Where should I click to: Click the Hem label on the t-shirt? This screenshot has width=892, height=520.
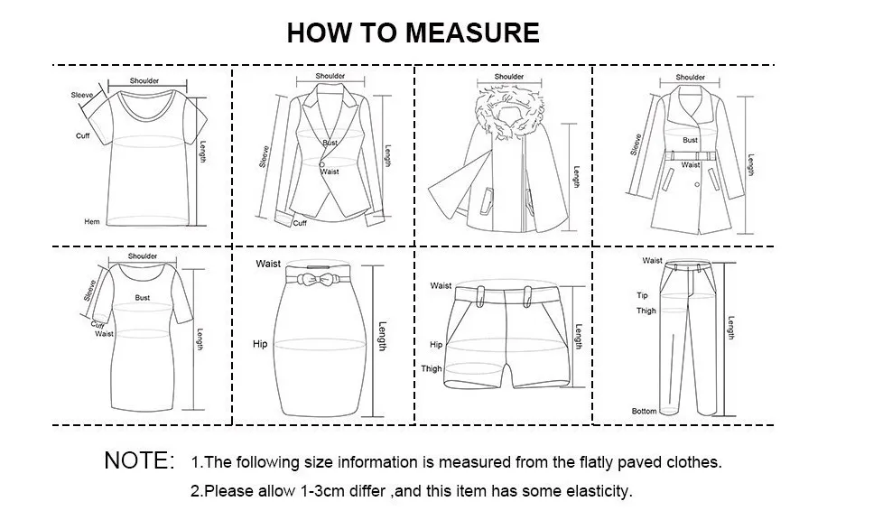point(92,222)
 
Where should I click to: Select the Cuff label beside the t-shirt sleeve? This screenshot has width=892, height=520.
point(83,136)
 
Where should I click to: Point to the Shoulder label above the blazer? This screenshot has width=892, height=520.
point(330,76)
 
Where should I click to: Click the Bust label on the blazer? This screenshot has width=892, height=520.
point(330,143)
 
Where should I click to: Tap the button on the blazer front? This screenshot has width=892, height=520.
point(321,164)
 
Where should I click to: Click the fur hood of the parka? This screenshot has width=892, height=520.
point(510,111)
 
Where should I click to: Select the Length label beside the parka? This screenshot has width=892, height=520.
point(576,177)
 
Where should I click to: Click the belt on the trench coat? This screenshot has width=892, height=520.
point(690,154)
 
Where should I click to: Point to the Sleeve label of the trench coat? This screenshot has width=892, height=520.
point(636,144)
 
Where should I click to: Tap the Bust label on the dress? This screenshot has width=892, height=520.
point(143,298)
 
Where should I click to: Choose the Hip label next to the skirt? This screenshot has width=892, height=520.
point(260,344)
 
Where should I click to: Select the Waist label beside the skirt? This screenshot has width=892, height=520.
point(268,264)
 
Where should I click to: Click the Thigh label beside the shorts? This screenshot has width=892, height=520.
point(432,368)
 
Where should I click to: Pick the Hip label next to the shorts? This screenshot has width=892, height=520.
point(436,344)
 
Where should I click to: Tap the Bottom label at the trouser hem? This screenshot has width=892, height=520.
point(644,411)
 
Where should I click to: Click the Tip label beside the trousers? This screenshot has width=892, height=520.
point(642,295)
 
